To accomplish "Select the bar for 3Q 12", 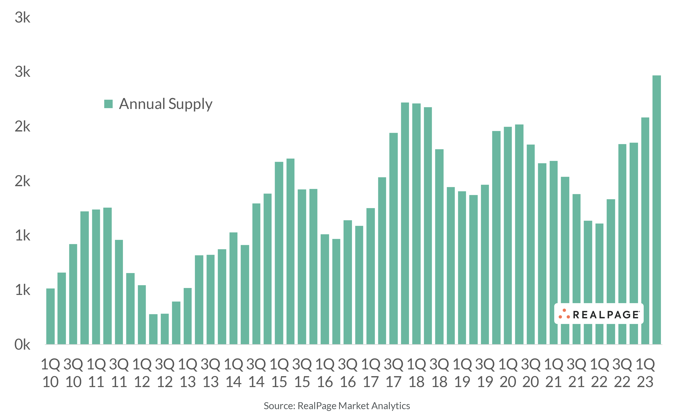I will coord(165,329).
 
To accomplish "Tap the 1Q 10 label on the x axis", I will coord(50,373).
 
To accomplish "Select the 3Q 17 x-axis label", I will coord(394,373).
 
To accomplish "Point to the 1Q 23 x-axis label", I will coord(645,373).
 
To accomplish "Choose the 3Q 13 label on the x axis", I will coord(210,373).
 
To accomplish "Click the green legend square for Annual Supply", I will coord(108,104).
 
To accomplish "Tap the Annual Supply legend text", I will coord(166,104).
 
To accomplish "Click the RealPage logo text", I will coord(606,315).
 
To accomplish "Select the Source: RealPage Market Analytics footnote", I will coord(337,406).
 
